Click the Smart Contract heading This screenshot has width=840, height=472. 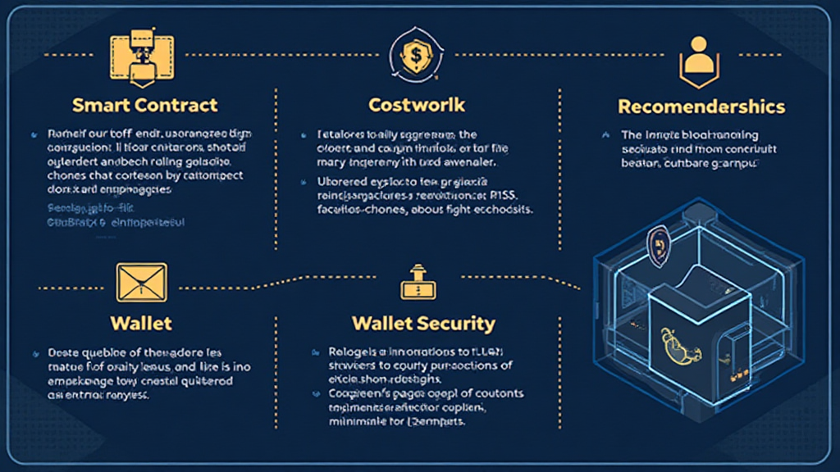point(144,105)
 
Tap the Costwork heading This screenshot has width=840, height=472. point(417,105)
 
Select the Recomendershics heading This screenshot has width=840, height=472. point(701,107)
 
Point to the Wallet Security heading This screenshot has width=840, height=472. point(423,323)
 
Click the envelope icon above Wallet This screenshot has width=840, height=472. point(142,283)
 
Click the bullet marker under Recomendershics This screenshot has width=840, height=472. point(605,134)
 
